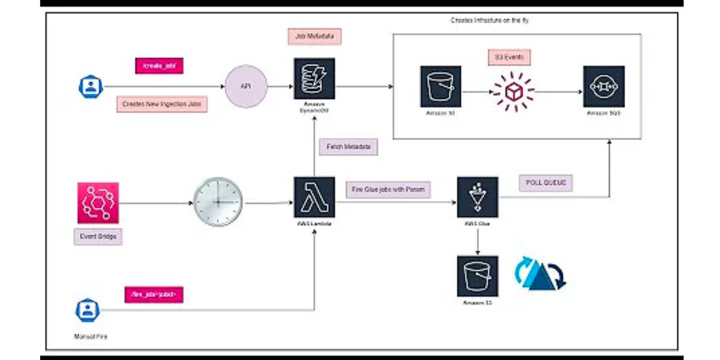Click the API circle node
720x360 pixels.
pyautogui.click(x=245, y=86)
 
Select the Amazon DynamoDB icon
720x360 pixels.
pyautogui.click(x=314, y=79)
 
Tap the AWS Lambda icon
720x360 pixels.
pyautogui.click(x=314, y=197)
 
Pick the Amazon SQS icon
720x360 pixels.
pyautogui.click(x=604, y=86)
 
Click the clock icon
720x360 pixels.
pyautogui.click(x=218, y=202)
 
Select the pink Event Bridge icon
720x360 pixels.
pyautogui.click(x=98, y=203)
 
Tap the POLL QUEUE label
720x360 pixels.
pyautogui.click(x=545, y=182)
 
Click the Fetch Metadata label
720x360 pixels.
pyautogui.click(x=349, y=146)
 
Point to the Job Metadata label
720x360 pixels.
pyautogui.click(x=314, y=37)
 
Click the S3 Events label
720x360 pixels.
pyautogui.click(x=509, y=58)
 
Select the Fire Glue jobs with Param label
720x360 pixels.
pyautogui.click(x=388, y=190)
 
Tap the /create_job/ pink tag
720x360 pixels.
pyautogui.click(x=159, y=65)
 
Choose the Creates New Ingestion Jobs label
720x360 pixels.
pyautogui.click(x=162, y=104)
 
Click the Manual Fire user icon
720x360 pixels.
pyautogui.click(x=88, y=310)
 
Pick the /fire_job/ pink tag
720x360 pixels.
pyautogui.click(x=153, y=295)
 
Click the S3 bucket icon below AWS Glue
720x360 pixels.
pyautogui.click(x=478, y=276)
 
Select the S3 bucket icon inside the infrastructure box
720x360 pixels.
pyautogui.click(x=440, y=86)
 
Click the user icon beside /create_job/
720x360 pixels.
pyautogui.click(x=91, y=86)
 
